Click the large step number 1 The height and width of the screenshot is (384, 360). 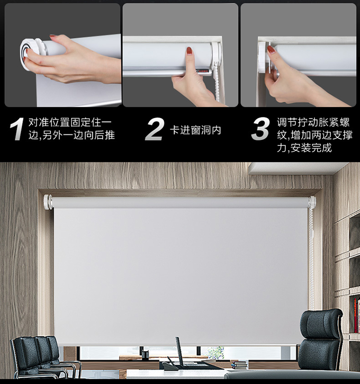click(x=17, y=129)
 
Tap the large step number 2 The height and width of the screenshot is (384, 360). click(x=155, y=129)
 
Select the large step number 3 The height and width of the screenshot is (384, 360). click(x=261, y=129)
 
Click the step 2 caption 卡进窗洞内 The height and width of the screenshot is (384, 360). click(x=195, y=130)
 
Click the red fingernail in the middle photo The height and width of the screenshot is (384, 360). click(x=189, y=51)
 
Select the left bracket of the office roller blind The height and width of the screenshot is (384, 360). click(x=48, y=202)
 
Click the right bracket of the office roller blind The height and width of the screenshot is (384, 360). click(x=312, y=202)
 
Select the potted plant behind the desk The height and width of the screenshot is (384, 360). click(x=216, y=353)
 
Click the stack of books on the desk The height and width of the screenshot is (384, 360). click(x=240, y=365)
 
